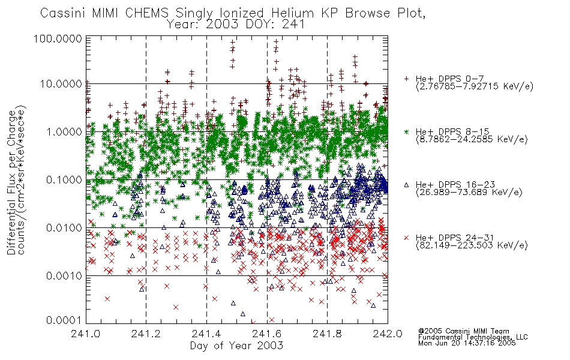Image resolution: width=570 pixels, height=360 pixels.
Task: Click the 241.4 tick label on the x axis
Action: pyautogui.click(x=207, y=334)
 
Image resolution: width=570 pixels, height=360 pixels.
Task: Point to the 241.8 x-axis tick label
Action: pyautogui.click(x=328, y=334)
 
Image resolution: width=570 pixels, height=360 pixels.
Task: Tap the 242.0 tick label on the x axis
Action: pyautogui.click(x=388, y=334)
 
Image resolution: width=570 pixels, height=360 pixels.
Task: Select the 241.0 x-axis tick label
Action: pyautogui.click(x=86, y=334)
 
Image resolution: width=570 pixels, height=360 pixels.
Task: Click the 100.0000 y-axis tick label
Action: pyautogui.click(x=58, y=38)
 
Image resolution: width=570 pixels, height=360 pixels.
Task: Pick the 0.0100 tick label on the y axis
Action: pyautogui.click(x=64, y=228)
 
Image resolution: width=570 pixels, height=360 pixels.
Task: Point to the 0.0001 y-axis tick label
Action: pyautogui.click(x=64, y=320)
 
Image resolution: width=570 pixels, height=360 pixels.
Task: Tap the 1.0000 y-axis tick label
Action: pyautogui.click(x=64, y=131)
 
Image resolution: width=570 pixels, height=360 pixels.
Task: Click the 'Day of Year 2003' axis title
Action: pyautogui.click(x=236, y=346)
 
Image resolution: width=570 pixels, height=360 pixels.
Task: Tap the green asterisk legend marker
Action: pyautogui.click(x=406, y=131)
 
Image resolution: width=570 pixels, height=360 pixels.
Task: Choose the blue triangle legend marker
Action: pyautogui.click(x=406, y=185)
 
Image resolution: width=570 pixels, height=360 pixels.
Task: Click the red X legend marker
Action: pyautogui.click(x=406, y=238)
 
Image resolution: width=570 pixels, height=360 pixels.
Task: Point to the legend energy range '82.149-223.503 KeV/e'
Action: pyautogui.click(x=472, y=245)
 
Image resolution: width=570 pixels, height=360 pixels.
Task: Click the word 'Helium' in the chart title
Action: pyautogui.click(x=293, y=13)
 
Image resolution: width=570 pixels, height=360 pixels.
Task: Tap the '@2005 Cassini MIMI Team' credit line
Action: pyautogui.click(x=464, y=331)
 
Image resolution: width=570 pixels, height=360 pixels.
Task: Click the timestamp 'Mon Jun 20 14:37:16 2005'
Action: pyautogui.click(x=467, y=343)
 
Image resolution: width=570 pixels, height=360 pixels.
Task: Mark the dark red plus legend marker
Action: pyautogui.click(x=406, y=79)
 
